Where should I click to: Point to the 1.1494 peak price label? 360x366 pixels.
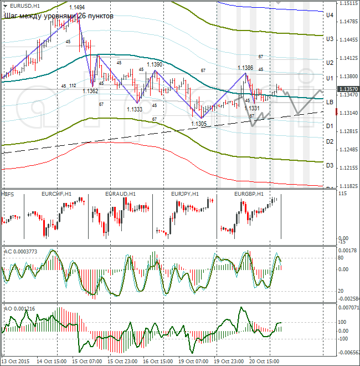coord(77,7)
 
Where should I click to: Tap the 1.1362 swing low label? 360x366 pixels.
coord(90,91)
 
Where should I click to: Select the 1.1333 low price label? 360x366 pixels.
coord(135,109)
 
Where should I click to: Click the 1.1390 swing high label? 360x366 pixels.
coord(155,64)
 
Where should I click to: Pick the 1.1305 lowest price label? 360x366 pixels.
coord(198,124)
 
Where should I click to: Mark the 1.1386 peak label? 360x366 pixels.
coord(246,68)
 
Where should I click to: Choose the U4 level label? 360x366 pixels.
coord(329,16)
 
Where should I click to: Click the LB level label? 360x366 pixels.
coord(329,103)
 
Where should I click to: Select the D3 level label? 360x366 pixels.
coord(329,165)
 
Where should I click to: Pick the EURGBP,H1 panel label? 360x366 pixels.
coord(249,194)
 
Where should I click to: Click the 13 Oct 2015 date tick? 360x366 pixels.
coord(16,361)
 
